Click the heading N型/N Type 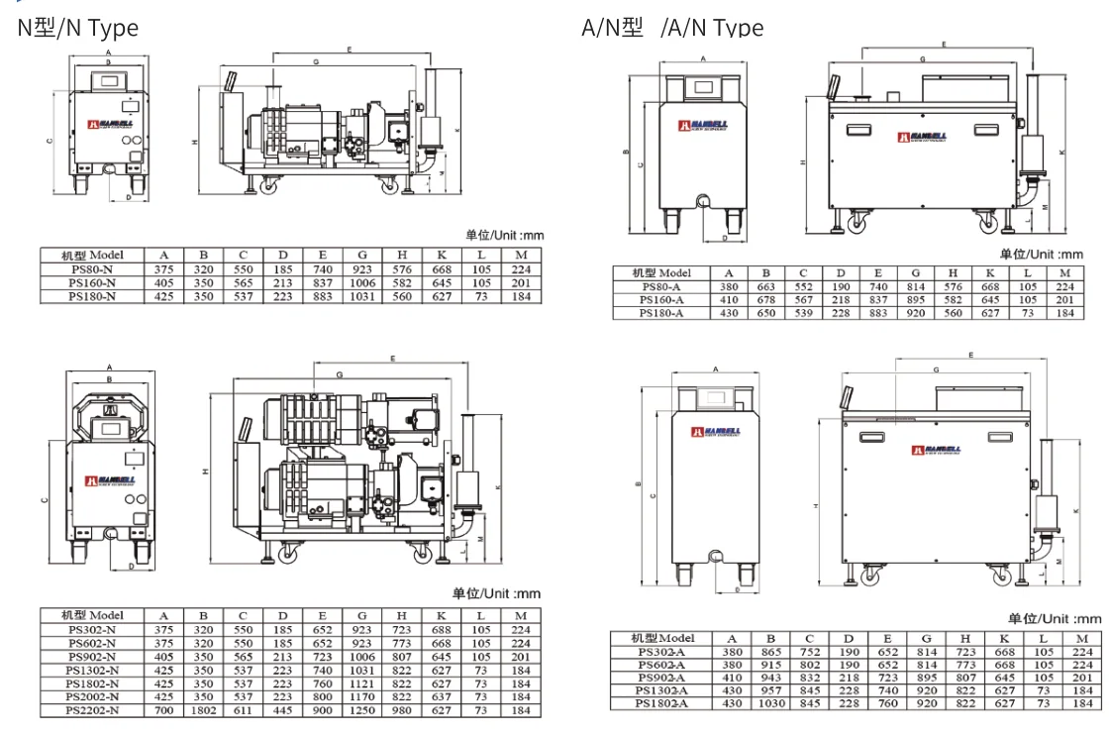(78, 28)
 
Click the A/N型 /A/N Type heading (672, 28)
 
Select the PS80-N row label (92, 268)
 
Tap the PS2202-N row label (92, 709)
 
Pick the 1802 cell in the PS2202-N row (203, 709)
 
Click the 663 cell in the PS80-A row (765, 286)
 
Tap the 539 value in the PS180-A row (803, 313)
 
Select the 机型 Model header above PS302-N (92, 615)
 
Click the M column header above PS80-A (1064, 273)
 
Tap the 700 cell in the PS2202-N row (163, 709)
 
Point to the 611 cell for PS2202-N (243, 709)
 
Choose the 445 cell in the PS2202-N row (282, 709)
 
